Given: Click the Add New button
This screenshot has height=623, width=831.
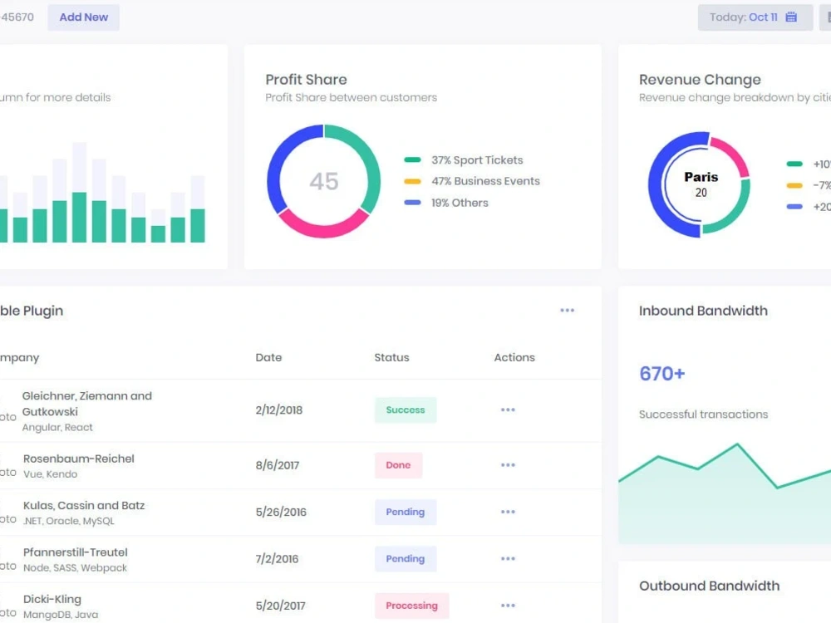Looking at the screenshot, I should point(83,17).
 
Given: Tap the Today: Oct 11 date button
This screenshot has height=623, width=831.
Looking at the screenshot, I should point(755,17).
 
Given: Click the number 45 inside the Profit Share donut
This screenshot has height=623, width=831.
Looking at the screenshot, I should point(323,181).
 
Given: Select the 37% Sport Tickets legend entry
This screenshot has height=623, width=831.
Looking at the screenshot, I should point(476,160).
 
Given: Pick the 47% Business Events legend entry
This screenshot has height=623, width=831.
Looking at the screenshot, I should point(484,181).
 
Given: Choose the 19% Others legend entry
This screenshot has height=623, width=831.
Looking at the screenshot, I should point(459,203).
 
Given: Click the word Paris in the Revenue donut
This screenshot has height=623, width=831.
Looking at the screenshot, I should point(701,177).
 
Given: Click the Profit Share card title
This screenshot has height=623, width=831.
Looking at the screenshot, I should point(306,80).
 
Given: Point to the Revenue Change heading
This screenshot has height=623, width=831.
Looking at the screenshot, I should point(700,80).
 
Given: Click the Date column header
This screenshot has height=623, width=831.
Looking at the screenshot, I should point(268,357).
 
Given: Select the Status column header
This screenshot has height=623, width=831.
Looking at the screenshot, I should point(391,357).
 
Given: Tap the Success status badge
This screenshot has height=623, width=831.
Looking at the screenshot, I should point(405,410).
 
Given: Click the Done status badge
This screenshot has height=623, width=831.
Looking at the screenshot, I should point(398,465).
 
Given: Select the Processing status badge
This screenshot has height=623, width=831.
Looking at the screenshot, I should point(411,606).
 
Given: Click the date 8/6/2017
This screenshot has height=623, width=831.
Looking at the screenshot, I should point(278,465).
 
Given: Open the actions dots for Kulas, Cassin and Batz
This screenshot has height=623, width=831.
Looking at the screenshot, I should point(508,512).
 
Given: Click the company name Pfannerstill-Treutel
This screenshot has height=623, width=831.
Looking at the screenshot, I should point(76,552).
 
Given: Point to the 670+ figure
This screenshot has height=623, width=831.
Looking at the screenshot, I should point(661,374).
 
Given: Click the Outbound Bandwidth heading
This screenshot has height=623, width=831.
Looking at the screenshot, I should point(709,586).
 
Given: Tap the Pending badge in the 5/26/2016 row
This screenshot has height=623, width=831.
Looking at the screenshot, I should point(405,512).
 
